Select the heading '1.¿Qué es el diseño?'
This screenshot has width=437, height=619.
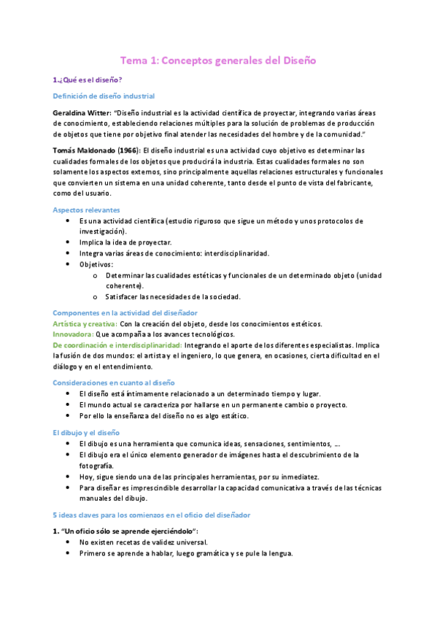pos(82,80)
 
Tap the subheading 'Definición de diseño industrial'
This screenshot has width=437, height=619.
pos(104,96)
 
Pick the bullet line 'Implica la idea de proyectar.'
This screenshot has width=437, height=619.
pos(125,242)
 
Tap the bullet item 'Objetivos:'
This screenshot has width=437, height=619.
pos(96,264)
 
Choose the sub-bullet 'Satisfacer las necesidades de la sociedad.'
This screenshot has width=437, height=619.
pos(172,297)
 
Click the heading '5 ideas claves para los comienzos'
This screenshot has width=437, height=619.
pos(151,515)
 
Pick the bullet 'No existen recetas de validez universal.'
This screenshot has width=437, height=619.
pos(143,542)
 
